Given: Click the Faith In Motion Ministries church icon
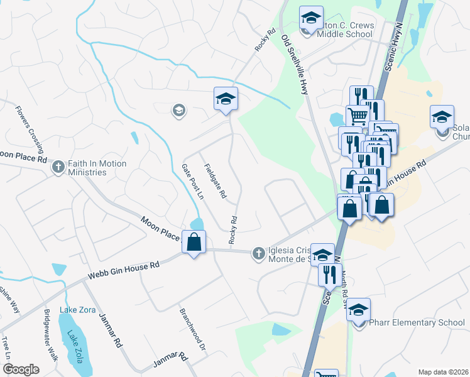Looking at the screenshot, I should (x=58, y=167).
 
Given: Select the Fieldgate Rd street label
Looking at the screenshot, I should (x=215, y=181).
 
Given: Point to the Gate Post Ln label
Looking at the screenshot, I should (x=193, y=182).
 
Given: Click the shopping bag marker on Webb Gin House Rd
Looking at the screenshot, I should (x=194, y=242).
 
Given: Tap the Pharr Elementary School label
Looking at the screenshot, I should (x=417, y=323).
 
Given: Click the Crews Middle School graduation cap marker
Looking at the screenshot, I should (x=310, y=19).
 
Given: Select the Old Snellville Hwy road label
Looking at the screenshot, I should (x=295, y=64).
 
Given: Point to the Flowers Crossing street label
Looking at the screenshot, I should (x=30, y=129).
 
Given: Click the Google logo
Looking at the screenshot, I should (x=21, y=369).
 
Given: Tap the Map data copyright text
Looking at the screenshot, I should (x=442, y=372).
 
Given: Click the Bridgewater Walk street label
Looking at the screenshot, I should (x=51, y=335).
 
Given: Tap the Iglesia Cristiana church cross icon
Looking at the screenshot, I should (x=258, y=254).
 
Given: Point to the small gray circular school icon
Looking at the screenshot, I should (x=179, y=111).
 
